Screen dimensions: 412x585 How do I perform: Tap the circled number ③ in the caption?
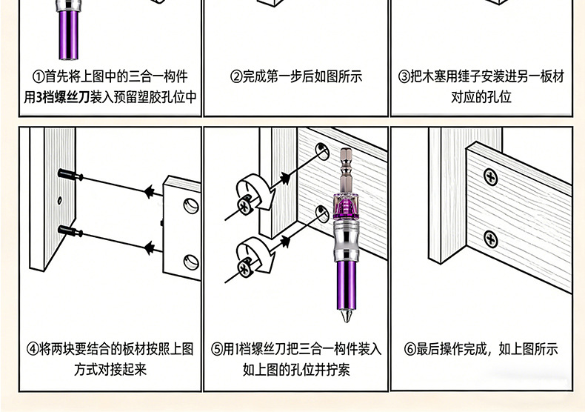[404, 77]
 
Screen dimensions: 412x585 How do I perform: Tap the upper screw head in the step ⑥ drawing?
[490, 177]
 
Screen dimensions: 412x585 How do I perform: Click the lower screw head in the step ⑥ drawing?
[490, 239]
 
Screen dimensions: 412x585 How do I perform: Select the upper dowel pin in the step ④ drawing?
[68, 175]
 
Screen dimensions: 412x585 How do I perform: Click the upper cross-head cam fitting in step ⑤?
[244, 205]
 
